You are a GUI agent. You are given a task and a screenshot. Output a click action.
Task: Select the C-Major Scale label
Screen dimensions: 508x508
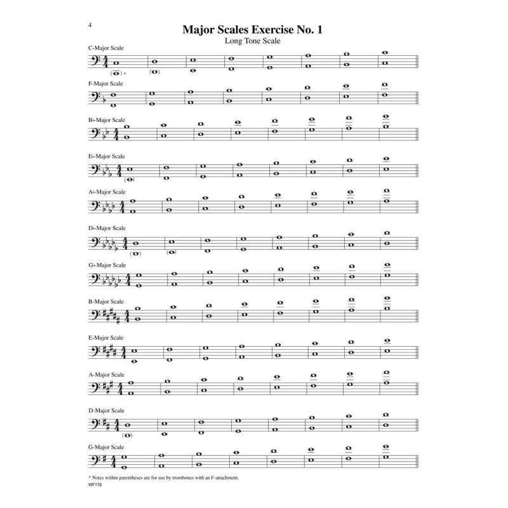[106, 49]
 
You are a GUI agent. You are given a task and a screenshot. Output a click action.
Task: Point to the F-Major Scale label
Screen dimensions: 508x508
[106, 83]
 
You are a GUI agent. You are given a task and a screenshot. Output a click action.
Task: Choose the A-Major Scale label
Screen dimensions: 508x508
[106, 375]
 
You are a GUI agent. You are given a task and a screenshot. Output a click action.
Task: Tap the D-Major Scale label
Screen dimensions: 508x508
[106, 411]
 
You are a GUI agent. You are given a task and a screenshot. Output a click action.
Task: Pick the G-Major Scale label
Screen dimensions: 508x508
[106, 447]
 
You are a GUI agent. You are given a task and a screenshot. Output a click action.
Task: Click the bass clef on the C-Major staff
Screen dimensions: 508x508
[97, 63]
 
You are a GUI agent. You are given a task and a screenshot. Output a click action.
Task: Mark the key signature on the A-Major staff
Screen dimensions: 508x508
[112, 387]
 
